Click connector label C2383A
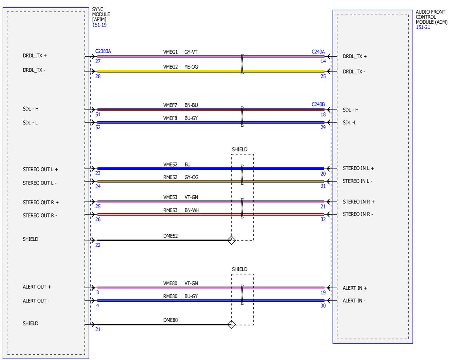[x=103, y=51]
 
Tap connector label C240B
[x=318, y=104]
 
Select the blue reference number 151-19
[x=99, y=25]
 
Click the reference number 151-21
[x=423, y=27]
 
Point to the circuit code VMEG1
[x=170, y=52]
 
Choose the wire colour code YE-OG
[x=191, y=67]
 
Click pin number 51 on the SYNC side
[x=98, y=115]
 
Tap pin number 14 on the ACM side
[x=323, y=61]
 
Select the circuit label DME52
[x=170, y=236]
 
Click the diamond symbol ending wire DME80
[x=231, y=324]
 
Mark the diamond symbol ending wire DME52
[x=231, y=240]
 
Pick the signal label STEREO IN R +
[x=358, y=202]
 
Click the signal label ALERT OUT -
[x=36, y=301]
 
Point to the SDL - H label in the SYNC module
[x=31, y=109]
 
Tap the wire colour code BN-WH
[x=192, y=210]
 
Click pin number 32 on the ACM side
[x=323, y=219]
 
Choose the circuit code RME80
[x=170, y=296]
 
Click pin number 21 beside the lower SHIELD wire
[x=98, y=329]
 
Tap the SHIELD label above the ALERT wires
[x=240, y=269]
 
